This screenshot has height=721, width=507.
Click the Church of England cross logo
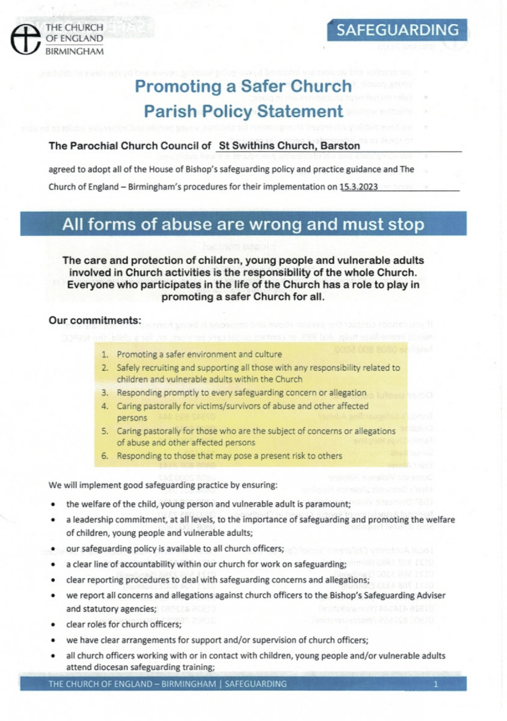[25, 37]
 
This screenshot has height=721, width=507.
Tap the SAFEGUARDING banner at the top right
[397, 30]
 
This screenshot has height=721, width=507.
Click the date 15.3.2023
[358, 187]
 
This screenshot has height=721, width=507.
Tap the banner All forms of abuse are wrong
[243, 225]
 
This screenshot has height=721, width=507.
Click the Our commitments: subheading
[94, 320]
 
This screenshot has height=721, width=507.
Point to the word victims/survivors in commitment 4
[213, 406]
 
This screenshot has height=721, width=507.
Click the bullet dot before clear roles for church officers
[55, 625]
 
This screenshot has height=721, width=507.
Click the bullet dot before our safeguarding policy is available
[55, 549]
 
